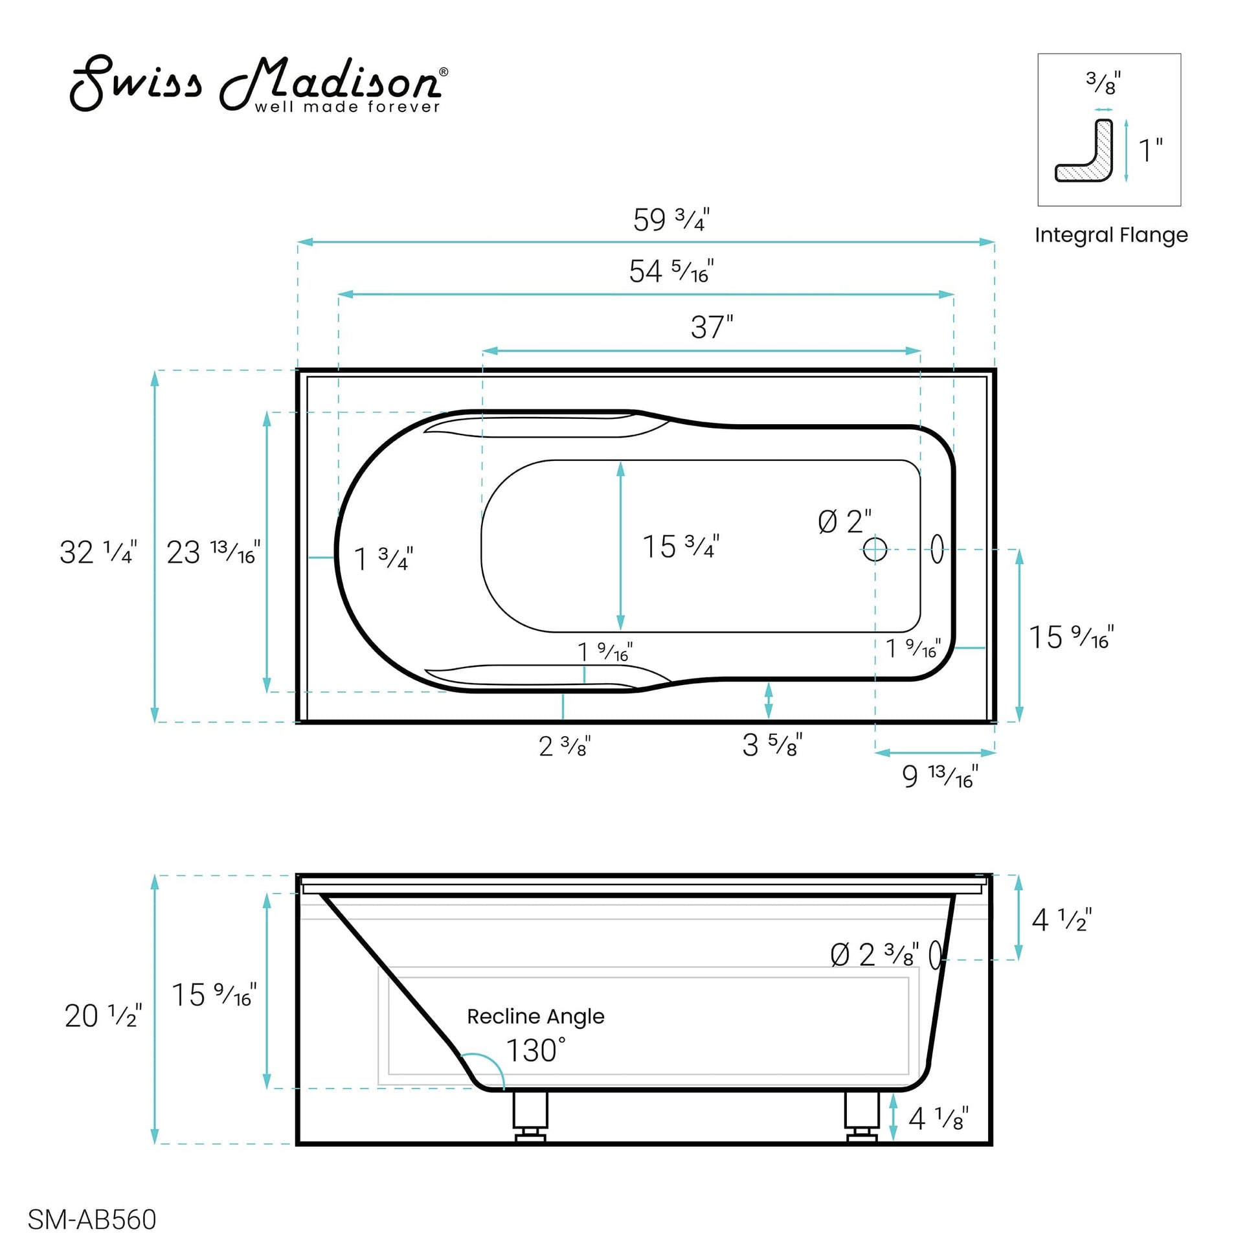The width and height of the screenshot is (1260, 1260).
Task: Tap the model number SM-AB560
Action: [x=92, y=1219]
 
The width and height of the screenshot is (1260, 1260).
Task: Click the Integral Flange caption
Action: [x=1110, y=235]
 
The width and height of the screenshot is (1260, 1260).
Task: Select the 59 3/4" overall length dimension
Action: [x=670, y=219]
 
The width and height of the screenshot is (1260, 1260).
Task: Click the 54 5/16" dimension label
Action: [x=670, y=271]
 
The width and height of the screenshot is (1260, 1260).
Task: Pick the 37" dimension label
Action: [x=711, y=328]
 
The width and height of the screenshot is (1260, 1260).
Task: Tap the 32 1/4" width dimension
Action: [x=98, y=552]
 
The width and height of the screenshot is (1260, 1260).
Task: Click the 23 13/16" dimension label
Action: [x=212, y=552]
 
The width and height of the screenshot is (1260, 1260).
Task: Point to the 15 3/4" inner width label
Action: [x=681, y=546]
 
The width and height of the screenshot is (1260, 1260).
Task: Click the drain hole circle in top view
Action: [x=874, y=549]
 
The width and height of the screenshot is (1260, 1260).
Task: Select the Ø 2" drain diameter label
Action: [x=844, y=522]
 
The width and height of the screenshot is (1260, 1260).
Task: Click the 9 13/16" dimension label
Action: [x=939, y=776]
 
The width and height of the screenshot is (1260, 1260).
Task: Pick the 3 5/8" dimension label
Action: [x=772, y=745]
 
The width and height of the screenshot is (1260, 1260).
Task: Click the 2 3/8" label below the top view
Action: [x=564, y=746]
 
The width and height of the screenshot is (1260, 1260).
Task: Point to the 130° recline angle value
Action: [x=535, y=1051]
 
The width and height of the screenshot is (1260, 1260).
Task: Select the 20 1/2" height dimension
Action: [x=102, y=1015]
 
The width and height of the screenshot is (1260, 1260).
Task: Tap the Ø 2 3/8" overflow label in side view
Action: [x=874, y=956]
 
